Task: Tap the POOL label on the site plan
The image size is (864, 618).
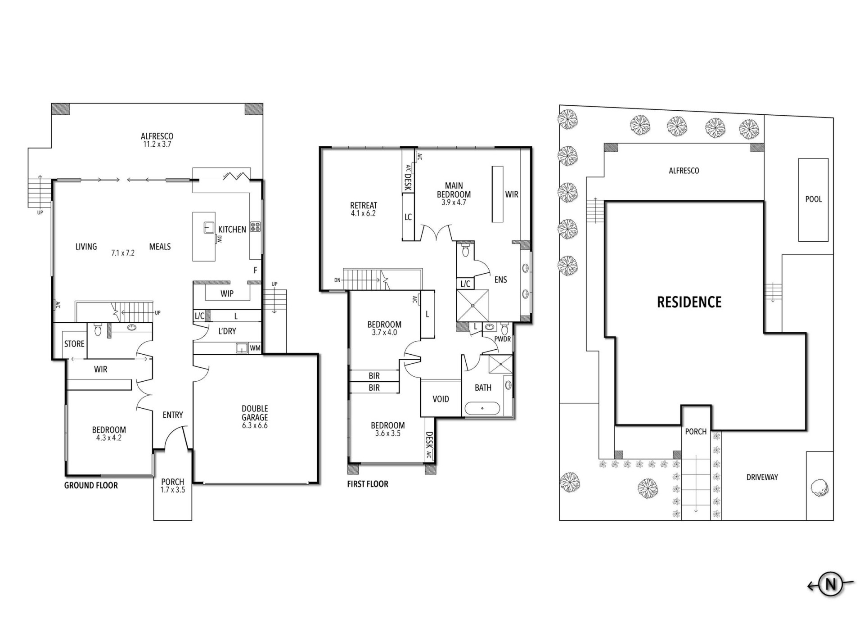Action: click(813, 199)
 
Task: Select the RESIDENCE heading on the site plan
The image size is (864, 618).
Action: click(689, 302)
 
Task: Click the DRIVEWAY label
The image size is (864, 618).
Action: click(762, 477)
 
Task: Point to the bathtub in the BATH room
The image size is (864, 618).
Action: click(482, 409)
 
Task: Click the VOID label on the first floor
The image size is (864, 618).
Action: click(441, 399)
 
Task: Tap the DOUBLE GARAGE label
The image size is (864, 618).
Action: click(255, 413)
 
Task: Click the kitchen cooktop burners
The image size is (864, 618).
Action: click(256, 227)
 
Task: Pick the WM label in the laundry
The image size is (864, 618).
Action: click(255, 348)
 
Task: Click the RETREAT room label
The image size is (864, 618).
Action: click(364, 205)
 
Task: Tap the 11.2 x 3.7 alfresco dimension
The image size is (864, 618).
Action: click(157, 144)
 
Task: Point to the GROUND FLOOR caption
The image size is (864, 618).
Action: click(91, 485)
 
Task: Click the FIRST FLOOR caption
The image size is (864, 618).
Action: click(368, 484)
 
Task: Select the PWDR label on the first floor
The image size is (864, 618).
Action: click(503, 339)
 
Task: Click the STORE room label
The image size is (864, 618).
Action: click(74, 344)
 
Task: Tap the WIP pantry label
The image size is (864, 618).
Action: click(227, 293)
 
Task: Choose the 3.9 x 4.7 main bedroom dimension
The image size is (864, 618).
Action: click(454, 203)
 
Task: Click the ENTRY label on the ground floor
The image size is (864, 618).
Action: click(173, 415)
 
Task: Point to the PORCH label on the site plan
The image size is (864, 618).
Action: click(696, 431)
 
